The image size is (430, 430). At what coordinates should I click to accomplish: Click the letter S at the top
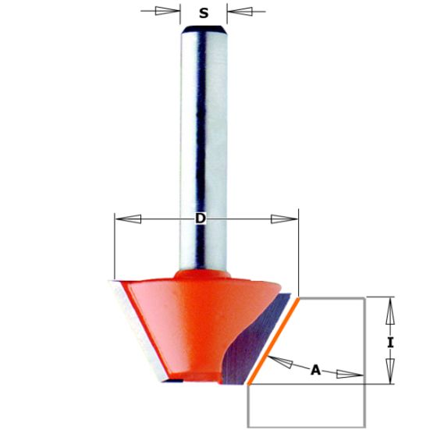pos(203,12)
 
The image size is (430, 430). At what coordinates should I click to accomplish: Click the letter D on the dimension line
pos(200,219)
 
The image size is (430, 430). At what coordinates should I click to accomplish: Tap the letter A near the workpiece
pos(315,371)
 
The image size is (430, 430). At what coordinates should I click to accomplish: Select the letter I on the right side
pos(390,342)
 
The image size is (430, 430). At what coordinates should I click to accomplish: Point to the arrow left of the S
pos(165,12)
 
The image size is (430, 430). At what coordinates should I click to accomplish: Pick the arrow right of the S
pos(241,12)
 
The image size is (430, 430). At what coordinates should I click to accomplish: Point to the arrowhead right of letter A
pos(354,375)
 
